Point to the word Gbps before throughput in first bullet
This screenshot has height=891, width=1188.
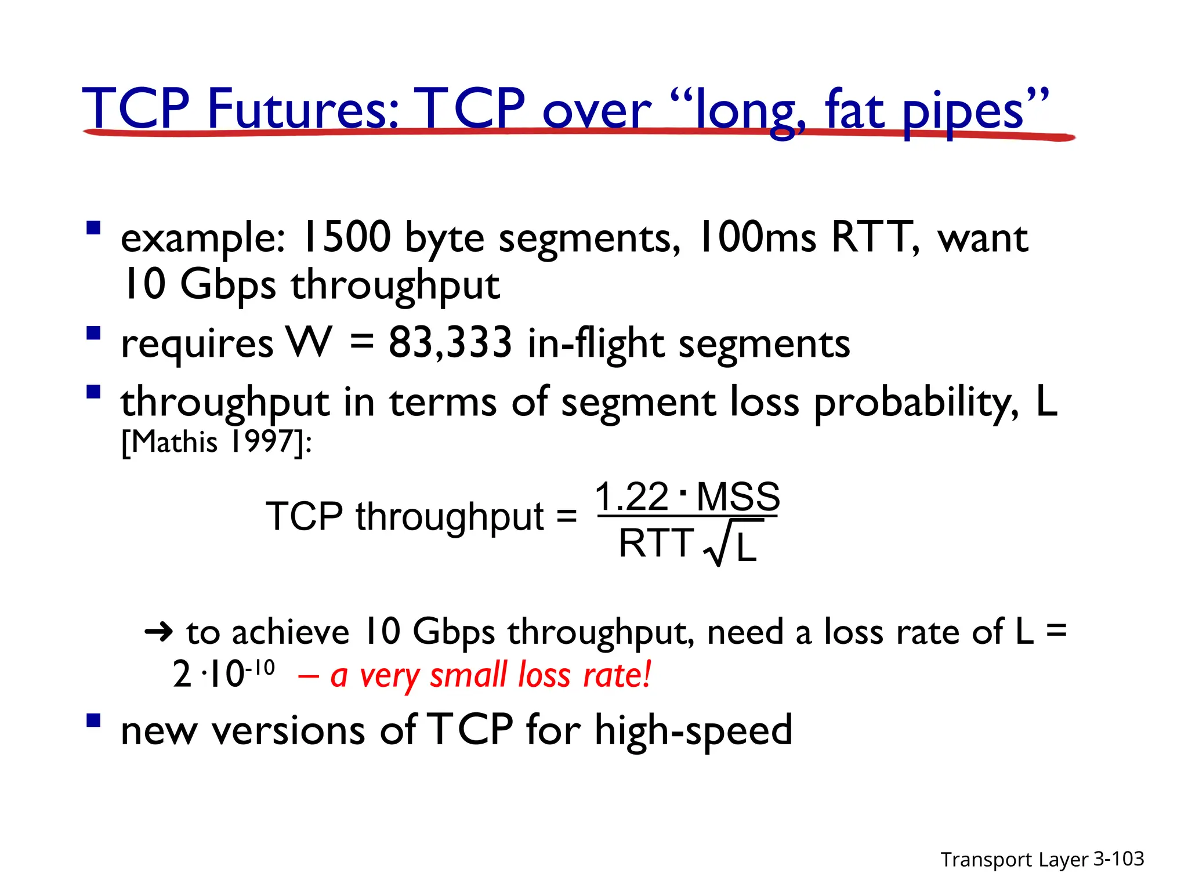[228, 285]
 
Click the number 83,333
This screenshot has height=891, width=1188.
[450, 342]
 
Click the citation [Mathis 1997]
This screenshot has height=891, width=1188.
[216, 442]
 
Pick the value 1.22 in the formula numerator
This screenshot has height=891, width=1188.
[632, 497]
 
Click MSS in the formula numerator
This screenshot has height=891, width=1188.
[738, 497]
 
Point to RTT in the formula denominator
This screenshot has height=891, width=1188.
[656, 544]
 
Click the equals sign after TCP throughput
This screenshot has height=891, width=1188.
[566, 516]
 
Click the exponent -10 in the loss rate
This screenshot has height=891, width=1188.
[260, 668]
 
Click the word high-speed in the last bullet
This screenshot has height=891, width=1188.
[693, 730]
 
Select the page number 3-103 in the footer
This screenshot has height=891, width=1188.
[1118, 859]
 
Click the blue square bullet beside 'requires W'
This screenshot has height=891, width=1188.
[93, 334]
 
